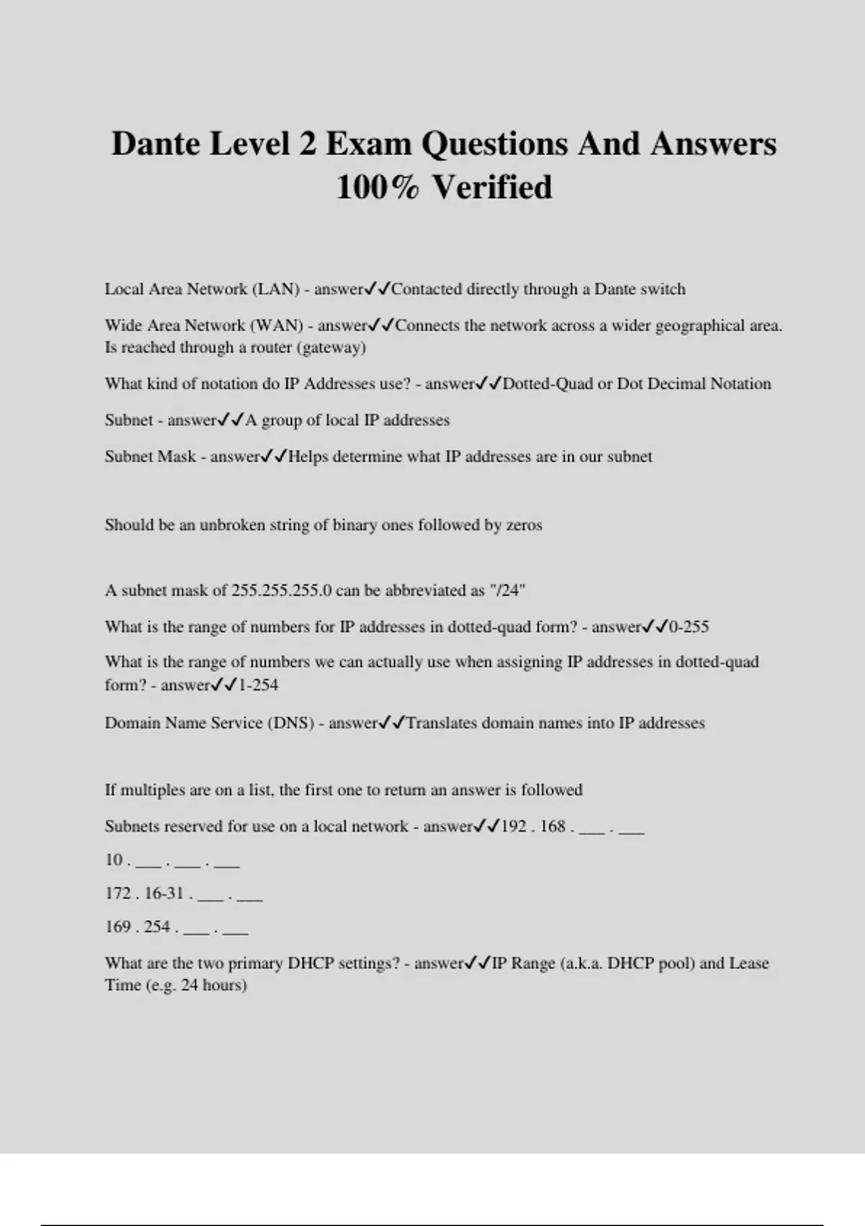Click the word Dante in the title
pyautogui.click(x=156, y=144)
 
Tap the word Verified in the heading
pyautogui.click(x=492, y=188)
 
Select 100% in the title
pyautogui.click(x=377, y=188)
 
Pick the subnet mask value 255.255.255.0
pyautogui.click(x=282, y=591)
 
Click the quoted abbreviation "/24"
pyautogui.click(x=507, y=591)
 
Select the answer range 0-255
pyautogui.click(x=689, y=627)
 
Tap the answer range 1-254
pyautogui.click(x=258, y=685)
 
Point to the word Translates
pyautogui.click(x=442, y=723)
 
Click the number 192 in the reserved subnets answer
pyautogui.click(x=513, y=826)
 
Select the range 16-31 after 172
pyautogui.click(x=164, y=894)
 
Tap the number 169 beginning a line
pyautogui.click(x=117, y=927)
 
